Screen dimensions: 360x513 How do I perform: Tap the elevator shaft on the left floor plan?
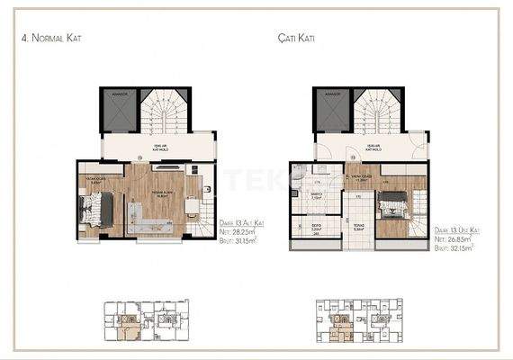point(115,113)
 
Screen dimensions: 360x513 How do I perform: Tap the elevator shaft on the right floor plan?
point(328,113)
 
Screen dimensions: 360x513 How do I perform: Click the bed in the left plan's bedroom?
point(94,212)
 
